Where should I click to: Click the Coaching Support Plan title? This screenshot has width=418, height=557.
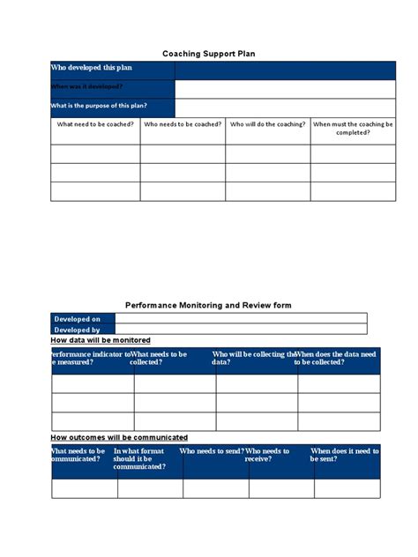[209, 54]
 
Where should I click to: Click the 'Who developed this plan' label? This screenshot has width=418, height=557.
[92, 68]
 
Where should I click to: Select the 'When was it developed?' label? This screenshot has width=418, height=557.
[87, 87]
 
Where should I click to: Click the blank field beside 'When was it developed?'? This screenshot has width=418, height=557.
[278, 88]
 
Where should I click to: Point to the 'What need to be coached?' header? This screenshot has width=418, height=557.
[95, 125]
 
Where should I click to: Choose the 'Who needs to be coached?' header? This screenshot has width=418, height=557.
[183, 125]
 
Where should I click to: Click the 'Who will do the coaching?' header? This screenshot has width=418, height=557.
[268, 125]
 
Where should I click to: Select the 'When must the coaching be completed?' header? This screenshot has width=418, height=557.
[353, 129]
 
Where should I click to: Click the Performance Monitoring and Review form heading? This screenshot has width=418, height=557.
[209, 305]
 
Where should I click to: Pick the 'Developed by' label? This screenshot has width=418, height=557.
[77, 330]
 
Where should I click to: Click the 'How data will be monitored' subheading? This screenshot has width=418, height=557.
[101, 340]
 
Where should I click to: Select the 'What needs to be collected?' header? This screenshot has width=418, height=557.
[159, 358]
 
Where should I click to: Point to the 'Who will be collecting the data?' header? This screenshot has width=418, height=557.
[252, 358]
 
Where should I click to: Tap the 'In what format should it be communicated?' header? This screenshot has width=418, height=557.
[139, 458]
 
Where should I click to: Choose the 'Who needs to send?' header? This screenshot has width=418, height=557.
[211, 450]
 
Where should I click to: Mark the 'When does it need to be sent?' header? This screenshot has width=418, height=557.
[345, 455]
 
